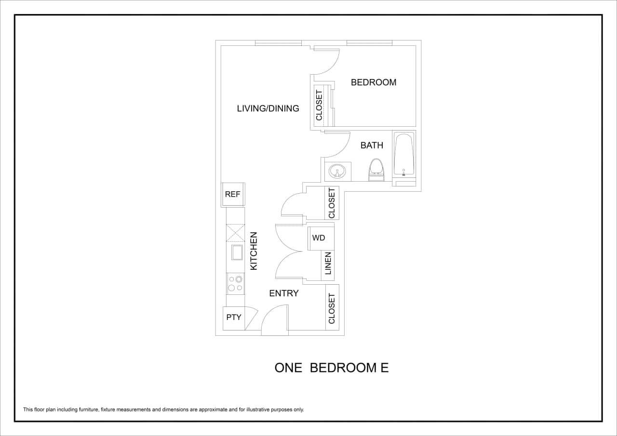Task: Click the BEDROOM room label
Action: point(374,82)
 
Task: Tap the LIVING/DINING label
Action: point(268,108)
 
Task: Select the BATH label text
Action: point(372,145)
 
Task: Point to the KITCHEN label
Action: point(254,251)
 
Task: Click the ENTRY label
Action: point(284,293)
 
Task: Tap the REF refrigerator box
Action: point(233,195)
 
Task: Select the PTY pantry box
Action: point(234,317)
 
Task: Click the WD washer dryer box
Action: point(319,238)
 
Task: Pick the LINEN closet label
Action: point(328,263)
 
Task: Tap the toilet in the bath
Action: point(376,169)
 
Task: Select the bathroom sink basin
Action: point(337,171)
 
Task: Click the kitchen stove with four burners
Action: point(235,283)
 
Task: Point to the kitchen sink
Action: point(237,252)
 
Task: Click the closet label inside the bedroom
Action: point(319,105)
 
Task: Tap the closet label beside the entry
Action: point(332,308)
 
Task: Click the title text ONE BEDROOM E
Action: point(331,368)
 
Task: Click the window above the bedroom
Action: point(369,43)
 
